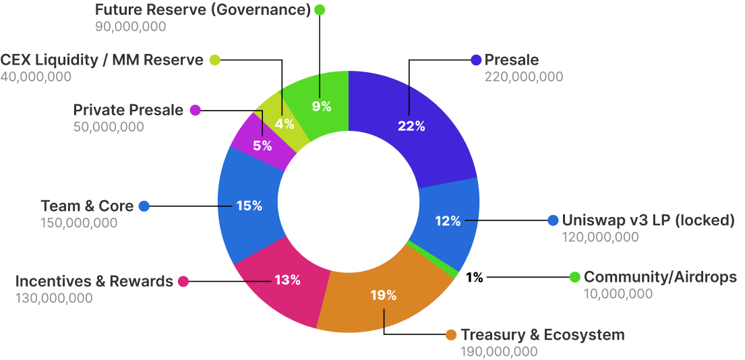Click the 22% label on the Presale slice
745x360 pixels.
[x=411, y=126]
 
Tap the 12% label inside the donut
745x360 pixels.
[x=447, y=220]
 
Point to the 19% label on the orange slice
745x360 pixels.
[x=384, y=295]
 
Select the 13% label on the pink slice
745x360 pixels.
[x=287, y=280]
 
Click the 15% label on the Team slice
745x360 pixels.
[x=249, y=206]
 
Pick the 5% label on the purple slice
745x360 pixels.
[x=262, y=145]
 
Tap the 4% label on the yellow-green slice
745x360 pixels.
[x=285, y=124]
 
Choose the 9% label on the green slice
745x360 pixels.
[x=322, y=106]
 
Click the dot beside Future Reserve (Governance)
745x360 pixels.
[x=320, y=10]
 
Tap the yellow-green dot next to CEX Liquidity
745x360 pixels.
[x=214, y=60]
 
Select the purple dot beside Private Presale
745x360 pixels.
[x=195, y=110]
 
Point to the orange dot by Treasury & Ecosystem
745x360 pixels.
[x=452, y=335]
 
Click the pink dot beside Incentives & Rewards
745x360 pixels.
[x=183, y=281]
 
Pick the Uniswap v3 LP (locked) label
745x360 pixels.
[x=648, y=220]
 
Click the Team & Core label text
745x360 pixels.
[x=87, y=206]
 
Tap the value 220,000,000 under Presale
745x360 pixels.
[x=523, y=77]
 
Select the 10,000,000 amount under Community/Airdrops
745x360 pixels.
[x=618, y=293]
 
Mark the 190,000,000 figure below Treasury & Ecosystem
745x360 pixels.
[x=499, y=351]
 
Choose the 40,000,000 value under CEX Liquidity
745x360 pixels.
[x=36, y=77]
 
